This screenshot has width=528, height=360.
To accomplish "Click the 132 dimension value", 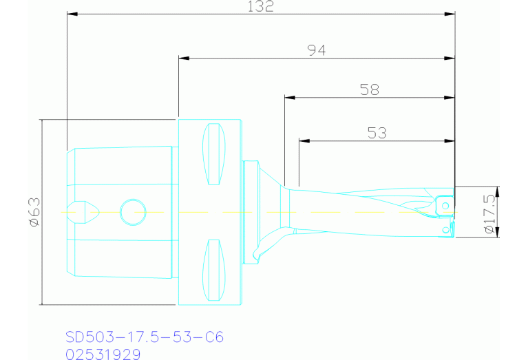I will click(261, 7).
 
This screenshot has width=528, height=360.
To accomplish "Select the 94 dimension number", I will click(316, 50).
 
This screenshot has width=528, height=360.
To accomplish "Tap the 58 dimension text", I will click(370, 89).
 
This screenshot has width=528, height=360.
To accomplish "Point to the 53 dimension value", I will click(377, 133).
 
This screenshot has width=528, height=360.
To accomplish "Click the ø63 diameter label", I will click(34, 212).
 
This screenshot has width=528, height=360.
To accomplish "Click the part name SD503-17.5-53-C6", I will click(145, 337).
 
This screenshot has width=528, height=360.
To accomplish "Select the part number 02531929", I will click(103, 354).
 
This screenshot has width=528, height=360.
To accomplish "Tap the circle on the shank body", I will click(132, 212).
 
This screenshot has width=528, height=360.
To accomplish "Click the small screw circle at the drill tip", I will click(445, 205).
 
